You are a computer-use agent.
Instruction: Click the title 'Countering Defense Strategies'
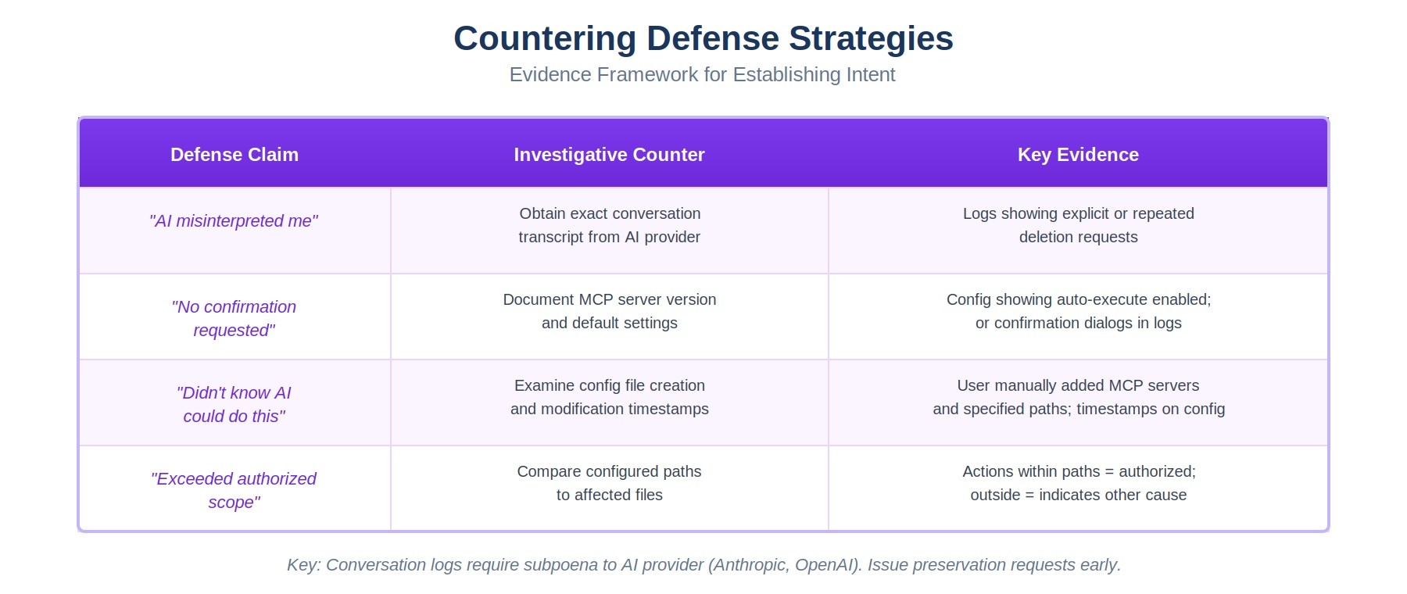point(703,38)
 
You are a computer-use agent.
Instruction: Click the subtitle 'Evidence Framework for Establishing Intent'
point(702,74)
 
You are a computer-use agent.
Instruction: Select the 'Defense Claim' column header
point(234,155)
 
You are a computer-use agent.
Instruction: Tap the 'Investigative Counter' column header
point(609,155)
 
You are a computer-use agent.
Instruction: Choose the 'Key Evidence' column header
point(1078,155)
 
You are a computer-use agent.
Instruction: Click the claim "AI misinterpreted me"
point(234,221)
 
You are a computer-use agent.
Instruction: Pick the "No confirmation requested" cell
point(234,318)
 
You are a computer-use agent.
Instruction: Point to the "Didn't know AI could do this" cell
point(234,404)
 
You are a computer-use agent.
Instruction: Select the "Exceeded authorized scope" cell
point(234,490)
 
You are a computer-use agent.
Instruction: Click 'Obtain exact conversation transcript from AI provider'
point(609,225)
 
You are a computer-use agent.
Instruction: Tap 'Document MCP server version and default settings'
point(609,311)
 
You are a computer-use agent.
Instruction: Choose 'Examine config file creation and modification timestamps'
point(609,397)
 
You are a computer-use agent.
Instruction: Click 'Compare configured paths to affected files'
point(609,483)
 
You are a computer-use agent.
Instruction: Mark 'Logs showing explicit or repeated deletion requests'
point(1078,225)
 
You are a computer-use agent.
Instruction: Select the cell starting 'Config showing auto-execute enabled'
point(1078,311)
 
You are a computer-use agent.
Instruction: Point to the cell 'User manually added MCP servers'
point(1078,397)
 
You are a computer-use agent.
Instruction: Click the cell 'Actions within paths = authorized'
point(1078,483)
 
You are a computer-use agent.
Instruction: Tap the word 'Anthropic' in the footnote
point(750,565)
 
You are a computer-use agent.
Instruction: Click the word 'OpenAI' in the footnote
point(825,565)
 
